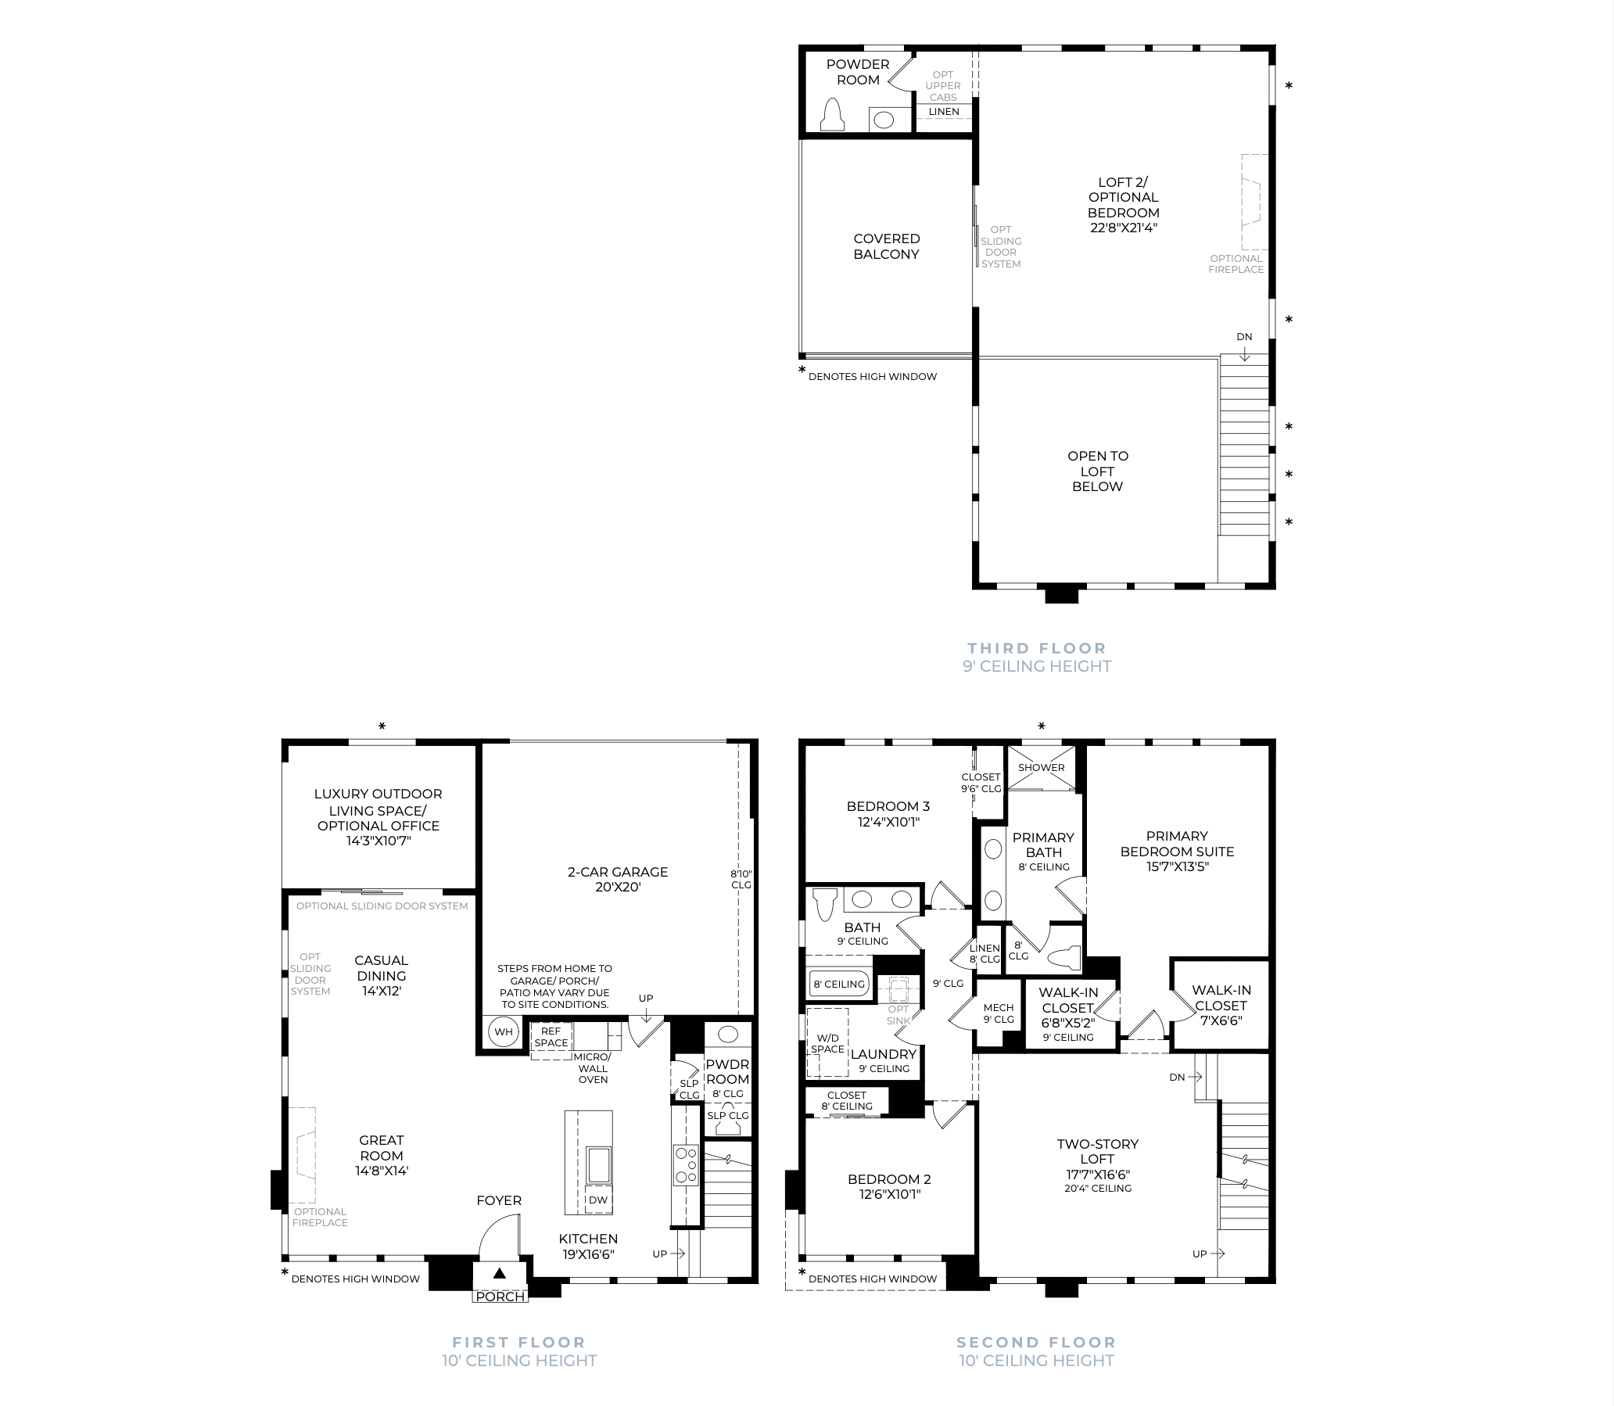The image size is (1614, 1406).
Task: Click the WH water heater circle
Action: coord(503,1031)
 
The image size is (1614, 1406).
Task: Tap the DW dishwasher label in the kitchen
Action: coord(598,1200)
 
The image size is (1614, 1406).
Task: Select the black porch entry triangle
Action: coord(499,1273)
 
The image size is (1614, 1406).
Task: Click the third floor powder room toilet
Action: coord(833,114)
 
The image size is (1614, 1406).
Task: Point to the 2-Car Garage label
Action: coord(618,872)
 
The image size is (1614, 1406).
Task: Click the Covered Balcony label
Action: coord(887,246)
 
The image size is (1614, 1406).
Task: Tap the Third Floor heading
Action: coord(1036,648)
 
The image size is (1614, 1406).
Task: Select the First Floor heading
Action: coord(518,1343)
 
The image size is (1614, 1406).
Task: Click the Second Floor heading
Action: coord(1036,1343)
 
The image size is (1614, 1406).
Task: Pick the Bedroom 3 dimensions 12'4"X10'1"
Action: coord(888,823)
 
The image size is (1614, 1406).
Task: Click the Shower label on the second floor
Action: coord(1042,767)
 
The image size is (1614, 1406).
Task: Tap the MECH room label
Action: coord(999,1007)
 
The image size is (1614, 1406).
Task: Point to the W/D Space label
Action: coord(828,1043)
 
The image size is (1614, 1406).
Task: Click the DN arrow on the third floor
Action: coord(1244,354)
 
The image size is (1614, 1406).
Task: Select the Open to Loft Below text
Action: coord(1098,471)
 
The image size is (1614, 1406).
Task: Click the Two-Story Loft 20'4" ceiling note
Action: coord(1098,1189)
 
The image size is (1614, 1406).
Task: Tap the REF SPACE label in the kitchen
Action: coord(551,1037)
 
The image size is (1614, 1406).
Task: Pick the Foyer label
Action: coord(499,1200)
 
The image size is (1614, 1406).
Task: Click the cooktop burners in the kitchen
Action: coord(687,1165)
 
